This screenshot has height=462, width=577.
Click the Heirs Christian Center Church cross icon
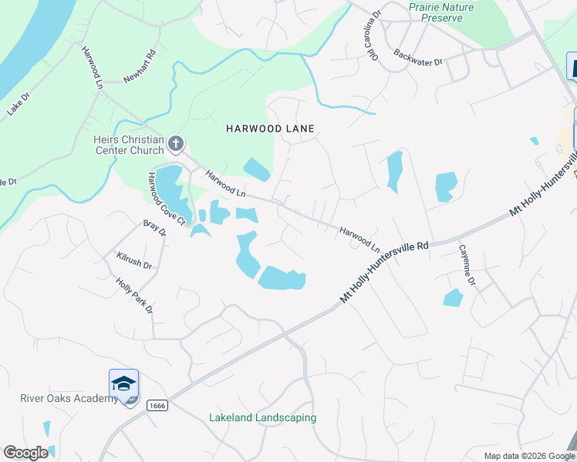pyautogui.click(x=176, y=142)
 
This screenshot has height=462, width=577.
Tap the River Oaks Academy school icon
pyautogui.click(x=123, y=383)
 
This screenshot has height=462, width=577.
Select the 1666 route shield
pyautogui.click(x=157, y=405)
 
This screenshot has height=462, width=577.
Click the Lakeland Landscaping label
pyautogui.click(x=262, y=418)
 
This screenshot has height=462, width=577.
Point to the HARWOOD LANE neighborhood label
pyautogui.click(x=270, y=129)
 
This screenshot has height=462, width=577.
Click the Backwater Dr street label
pyautogui.click(x=417, y=58)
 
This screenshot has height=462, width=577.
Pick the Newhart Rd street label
pyautogui.click(x=140, y=68)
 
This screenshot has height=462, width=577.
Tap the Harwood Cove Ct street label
pyautogui.click(x=167, y=198)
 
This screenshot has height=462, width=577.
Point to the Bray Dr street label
pyautogui.click(x=155, y=229)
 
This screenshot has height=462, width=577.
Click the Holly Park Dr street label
pyautogui.click(x=134, y=296)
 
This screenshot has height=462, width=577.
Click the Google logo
pyautogui.click(x=25, y=453)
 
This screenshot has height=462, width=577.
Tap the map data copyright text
pyautogui.click(x=528, y=456)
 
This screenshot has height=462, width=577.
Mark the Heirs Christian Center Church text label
pyautogui.click(x=128, y=145)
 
